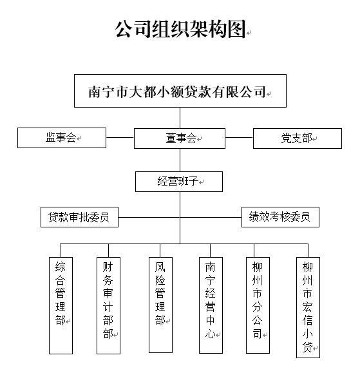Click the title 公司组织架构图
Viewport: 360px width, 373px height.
point(180,29)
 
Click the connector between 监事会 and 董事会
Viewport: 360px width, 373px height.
point(120,137)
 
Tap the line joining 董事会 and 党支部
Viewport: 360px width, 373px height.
point(239,137)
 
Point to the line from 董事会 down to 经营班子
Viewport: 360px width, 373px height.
point(180,160)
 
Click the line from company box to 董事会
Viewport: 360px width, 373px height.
point(180,118)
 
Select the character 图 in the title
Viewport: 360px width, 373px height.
point(236,29)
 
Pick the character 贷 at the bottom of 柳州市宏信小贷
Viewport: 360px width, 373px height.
point(307,347)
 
